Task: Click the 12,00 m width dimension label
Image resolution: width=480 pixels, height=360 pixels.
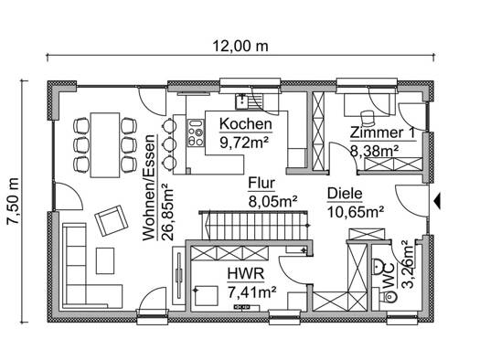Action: tap(240, 47)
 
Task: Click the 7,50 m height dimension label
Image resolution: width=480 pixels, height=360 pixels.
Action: tap(14, 201)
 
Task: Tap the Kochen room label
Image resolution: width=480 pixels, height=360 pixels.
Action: tap(246, 124)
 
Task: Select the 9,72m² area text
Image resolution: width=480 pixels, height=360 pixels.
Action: tap(244, 142)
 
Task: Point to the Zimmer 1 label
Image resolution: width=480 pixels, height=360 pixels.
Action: tap(382, 132)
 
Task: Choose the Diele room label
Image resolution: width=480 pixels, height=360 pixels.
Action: tap(345, 194)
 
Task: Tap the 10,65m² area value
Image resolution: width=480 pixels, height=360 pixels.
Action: tap(356, 212)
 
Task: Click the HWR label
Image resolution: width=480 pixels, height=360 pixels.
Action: tap(246, 273)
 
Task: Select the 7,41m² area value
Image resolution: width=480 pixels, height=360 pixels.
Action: tap(252, 291)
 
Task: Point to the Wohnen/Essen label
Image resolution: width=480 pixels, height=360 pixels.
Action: tap(149, 187)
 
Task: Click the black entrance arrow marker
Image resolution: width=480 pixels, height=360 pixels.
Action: tap(437, 201)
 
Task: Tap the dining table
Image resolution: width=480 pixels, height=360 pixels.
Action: tap(105, 145)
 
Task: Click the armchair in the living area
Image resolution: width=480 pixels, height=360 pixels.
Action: tap(112, 220)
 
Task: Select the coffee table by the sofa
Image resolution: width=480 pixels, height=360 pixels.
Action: tap(105, 261)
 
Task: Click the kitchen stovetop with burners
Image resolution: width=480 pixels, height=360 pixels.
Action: tap(196, 132)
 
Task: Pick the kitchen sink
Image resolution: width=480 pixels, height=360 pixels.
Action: tap(245, 101)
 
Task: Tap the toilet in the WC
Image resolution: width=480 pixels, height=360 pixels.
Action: tap(389, 295)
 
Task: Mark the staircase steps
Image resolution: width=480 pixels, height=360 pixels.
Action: tap(255, 227)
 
